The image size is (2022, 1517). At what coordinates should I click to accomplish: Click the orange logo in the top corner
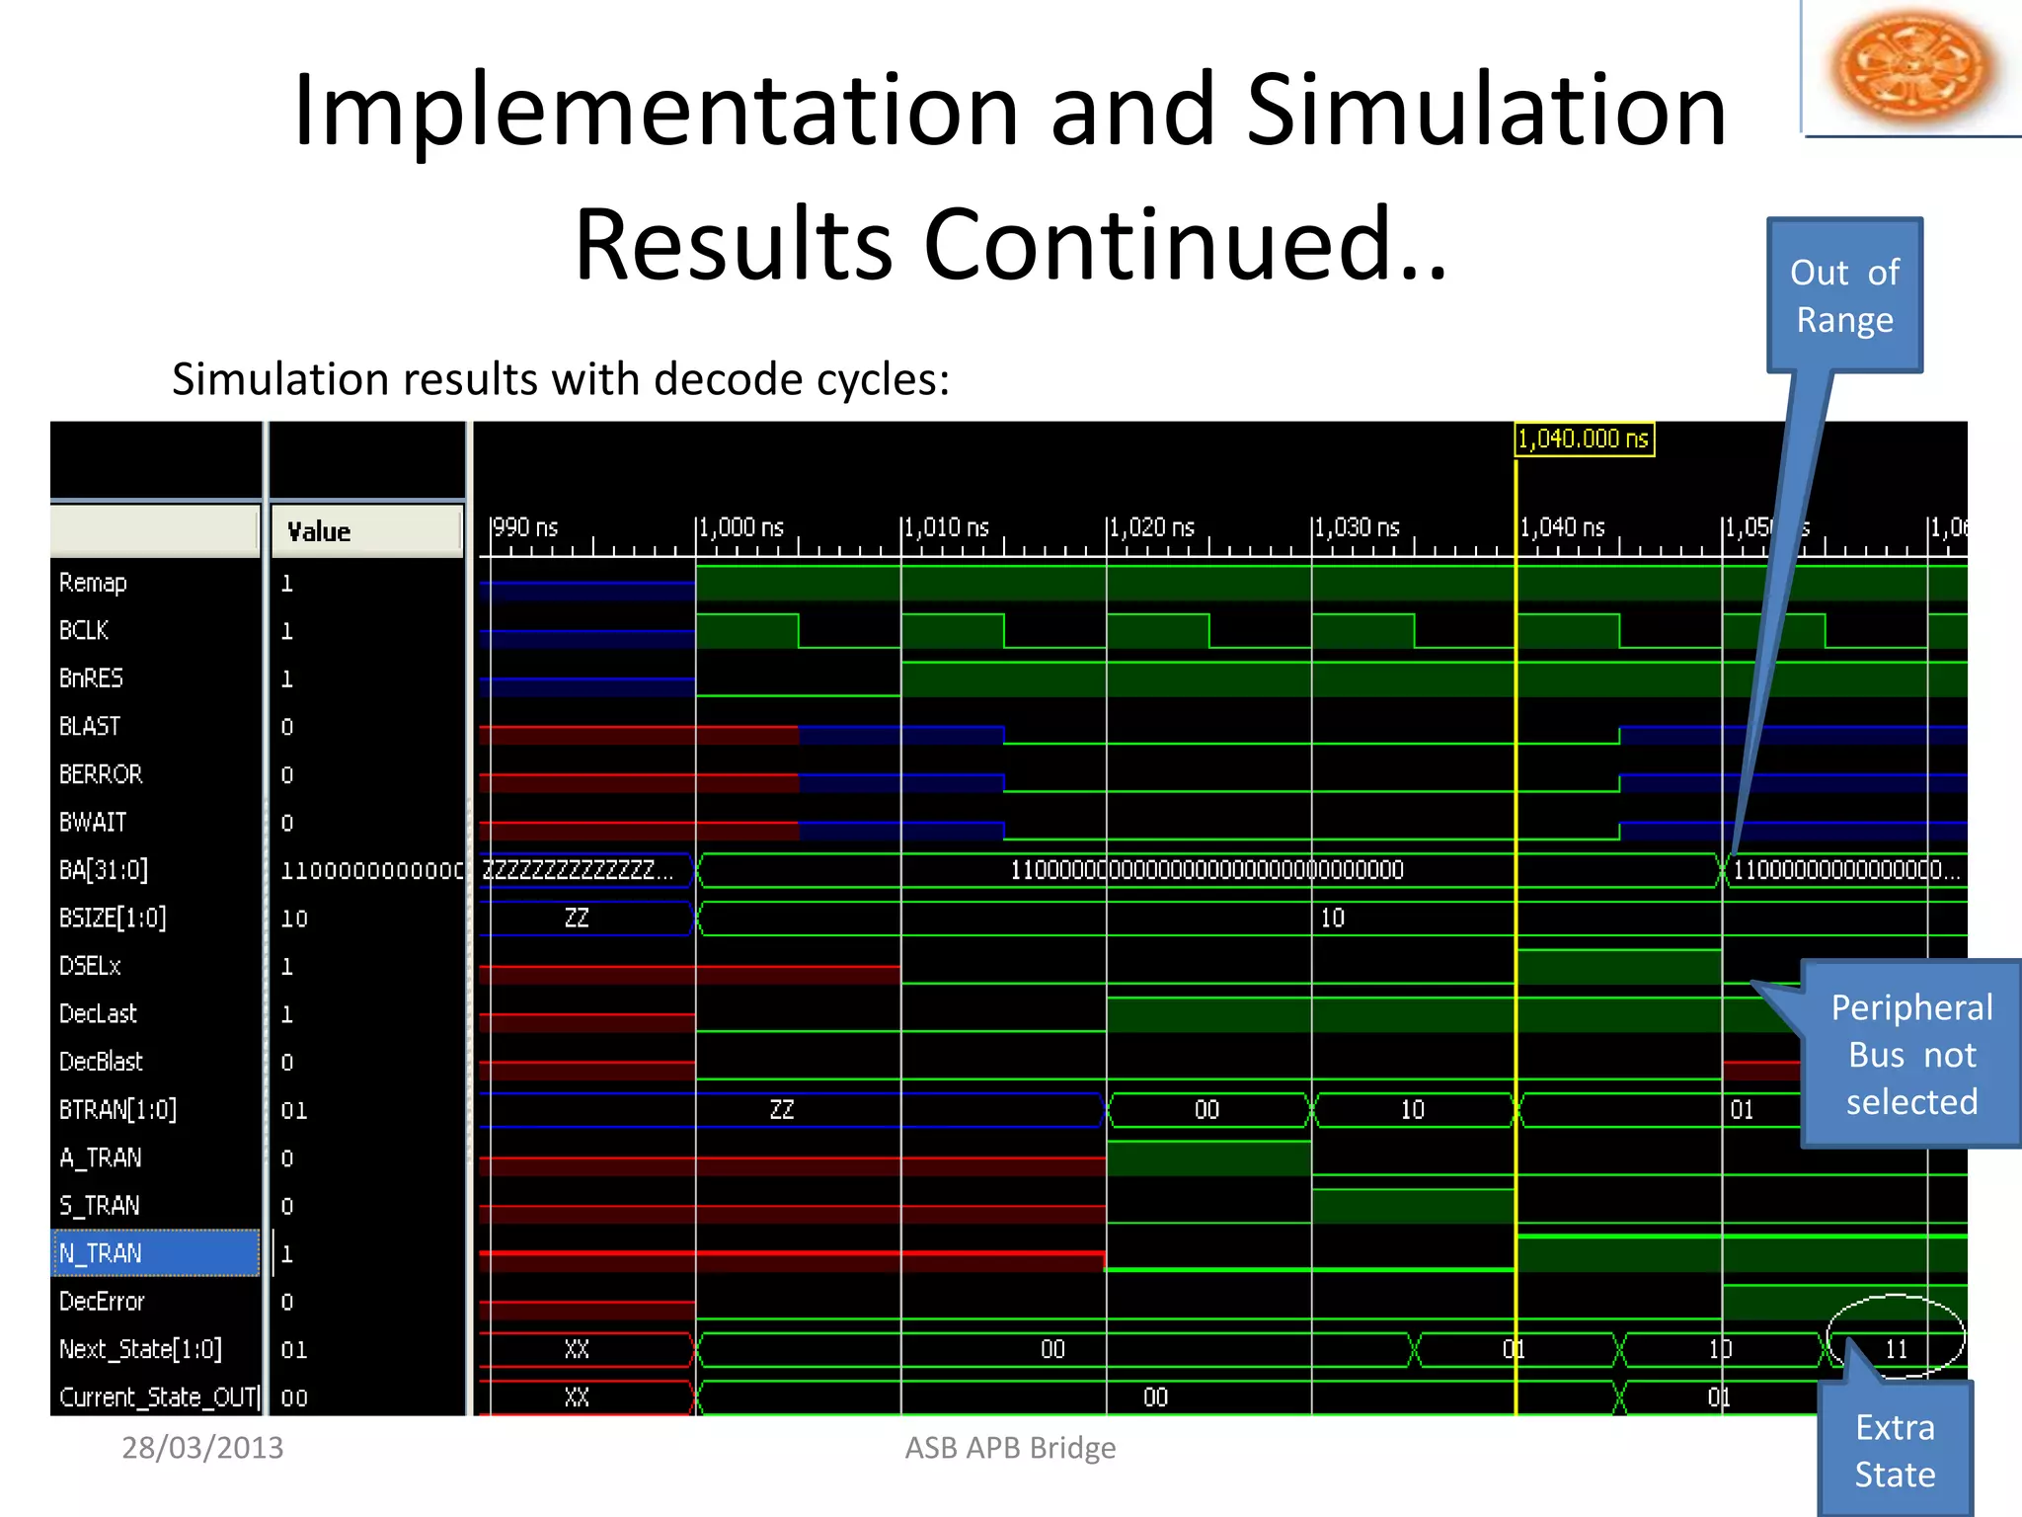(x=1911, y=67)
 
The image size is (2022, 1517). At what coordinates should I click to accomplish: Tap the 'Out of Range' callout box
(x=1844, y=295)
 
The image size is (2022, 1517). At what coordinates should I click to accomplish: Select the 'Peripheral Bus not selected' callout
(x=1911, y=1054)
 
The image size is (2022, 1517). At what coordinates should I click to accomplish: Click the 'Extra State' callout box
(x=1895, y=1450)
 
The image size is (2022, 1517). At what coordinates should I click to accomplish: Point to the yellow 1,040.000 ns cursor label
(x=1584, y=439)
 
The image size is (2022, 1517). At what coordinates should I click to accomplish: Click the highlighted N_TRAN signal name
(x=101, y=1253)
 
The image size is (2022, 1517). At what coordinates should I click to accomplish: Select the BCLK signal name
(x=84, y=630)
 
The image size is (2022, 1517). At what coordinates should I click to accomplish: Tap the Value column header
(x=319, y=531)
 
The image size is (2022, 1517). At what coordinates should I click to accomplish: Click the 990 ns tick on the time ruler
(x=524, y=528)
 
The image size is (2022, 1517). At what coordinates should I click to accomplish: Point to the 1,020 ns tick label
(x=1151, y=528)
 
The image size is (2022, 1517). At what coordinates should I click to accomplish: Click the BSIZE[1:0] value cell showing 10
(x=294, y=918)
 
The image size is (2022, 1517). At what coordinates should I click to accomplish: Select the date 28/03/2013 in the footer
(x=202, y=1448)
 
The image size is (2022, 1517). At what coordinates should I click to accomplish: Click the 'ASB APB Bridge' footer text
(x=1010, y=1448)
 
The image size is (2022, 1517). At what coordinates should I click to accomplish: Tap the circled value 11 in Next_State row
(x=1897, y=1349)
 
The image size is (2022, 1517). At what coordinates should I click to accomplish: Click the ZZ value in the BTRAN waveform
(x=782, y=1110)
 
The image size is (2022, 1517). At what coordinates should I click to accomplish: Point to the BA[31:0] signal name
(x=104, y=870)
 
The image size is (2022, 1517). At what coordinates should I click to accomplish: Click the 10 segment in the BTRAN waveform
(x=1412, y=1110)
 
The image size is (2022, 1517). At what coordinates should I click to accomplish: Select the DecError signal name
(x=102, y=1302)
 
